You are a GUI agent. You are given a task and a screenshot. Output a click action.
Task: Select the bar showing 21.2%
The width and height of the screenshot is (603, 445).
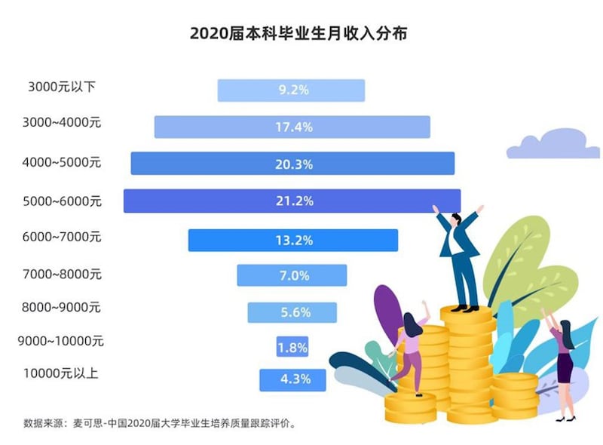tap(292, 201)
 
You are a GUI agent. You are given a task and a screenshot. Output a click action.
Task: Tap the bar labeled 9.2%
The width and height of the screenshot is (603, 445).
tap(291, 90)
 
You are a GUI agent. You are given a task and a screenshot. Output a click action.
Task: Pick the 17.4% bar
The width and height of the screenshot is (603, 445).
tap(292, 127)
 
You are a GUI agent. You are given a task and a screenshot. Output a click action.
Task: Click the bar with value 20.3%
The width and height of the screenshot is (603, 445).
tap(292, 164)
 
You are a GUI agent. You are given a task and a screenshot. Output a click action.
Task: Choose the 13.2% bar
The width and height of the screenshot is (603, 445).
tap(292, 240)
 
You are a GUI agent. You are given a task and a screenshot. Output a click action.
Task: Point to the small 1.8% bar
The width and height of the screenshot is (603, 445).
tap(292, 347)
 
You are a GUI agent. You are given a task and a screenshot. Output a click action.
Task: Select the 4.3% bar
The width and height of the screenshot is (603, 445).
tap(292, 379)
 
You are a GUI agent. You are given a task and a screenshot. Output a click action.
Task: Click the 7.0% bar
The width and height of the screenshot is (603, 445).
tap(292, 275)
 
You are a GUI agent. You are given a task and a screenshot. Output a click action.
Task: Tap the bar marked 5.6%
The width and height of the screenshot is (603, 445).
tap(292, 312)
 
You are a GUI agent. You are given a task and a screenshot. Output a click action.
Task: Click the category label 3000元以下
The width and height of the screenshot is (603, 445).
tap(61, 87)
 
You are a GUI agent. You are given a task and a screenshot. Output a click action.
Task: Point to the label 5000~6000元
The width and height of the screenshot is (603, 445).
tap(62, 200)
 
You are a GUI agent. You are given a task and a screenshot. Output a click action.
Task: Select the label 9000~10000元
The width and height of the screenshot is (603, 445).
tap(60, 341)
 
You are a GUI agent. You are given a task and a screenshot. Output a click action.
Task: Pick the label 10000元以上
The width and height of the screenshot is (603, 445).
tap(60, 373)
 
